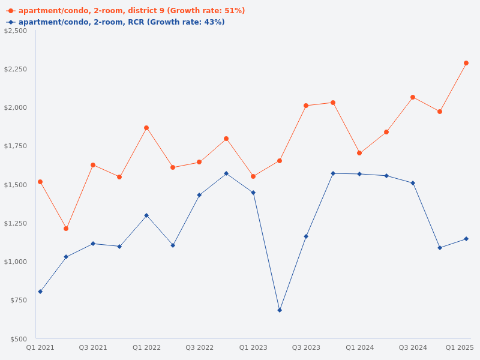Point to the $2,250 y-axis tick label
pyautogui.click(x=16, y=69)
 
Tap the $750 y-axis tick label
pyautogui.click(x=19, y=300)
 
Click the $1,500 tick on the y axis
pyautogui.click(x=16, y=185)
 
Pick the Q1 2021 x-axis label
pyautogui.click(x=40, y=347)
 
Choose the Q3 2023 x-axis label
pyautogui.click(x=306, y=347)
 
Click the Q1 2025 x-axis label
pyautogui.click(x=460, y=347)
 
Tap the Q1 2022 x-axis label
pyautogui.click(x=146, y=347)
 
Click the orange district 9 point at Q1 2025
pyautogui.click(x=466, y=63)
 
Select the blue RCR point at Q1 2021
pyautogui.click(x=40, y=292)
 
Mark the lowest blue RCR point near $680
pyautogui.click(x=280, y=310)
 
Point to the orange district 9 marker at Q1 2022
pyautogui.click(x=146, y=128)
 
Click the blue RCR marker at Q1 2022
pyautogui.click(x=146, y=215)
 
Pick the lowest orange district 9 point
pyautogui.click(x=66, y=229)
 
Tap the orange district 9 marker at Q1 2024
pyautogui.click(x=359, y=153)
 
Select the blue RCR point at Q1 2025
pyautogui.click(x=466, y=239)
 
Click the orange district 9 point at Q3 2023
pyautogui.click(x=306, y=106)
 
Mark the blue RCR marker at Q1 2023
pyautogui.click(x=253, y=193)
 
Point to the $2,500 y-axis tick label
pyautogui.click(x=16, y=31)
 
